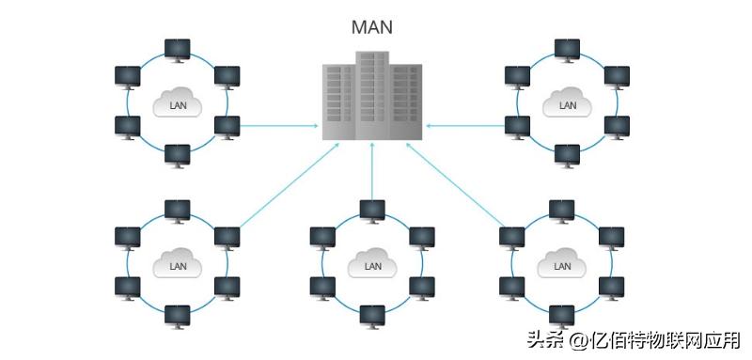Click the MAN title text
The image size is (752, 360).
[372, 26]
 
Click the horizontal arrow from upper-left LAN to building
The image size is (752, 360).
[278, 124]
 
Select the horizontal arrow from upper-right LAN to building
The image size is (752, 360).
[465, 124]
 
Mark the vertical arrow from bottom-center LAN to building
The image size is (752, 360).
[373, 174]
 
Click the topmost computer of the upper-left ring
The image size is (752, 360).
[177, 49]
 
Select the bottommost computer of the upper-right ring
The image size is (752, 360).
[567, 154]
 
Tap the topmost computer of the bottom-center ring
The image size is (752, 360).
[373, 211]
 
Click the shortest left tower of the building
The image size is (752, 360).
[338, 103]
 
